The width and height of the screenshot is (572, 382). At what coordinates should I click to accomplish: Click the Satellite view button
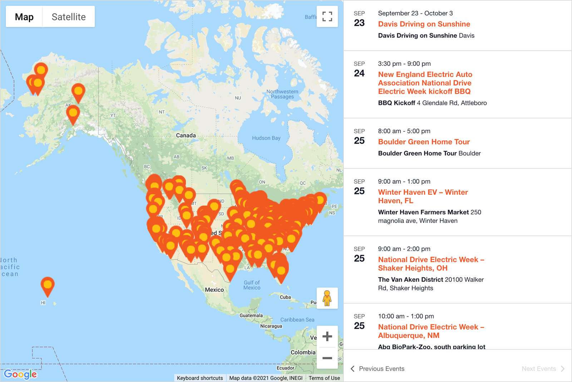69,17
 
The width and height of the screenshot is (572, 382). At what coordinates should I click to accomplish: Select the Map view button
24,17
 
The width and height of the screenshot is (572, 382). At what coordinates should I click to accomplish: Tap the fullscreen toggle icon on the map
327,16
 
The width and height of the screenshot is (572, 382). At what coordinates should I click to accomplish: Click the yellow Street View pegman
327,298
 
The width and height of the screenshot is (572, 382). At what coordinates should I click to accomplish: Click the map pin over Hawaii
48,286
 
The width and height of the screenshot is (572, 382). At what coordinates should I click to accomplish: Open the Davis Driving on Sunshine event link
424,24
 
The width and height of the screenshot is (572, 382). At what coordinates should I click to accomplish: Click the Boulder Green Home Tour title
424,142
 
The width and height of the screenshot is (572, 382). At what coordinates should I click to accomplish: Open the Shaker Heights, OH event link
431,264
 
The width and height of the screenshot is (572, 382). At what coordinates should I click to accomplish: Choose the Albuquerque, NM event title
431,331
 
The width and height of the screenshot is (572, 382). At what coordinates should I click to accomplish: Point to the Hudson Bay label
266,138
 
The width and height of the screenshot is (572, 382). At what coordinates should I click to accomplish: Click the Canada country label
186,135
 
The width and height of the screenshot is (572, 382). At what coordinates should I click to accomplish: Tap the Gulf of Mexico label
252,285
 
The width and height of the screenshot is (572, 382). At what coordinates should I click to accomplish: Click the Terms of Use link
324,378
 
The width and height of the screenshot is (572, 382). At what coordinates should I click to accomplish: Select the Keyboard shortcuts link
200,378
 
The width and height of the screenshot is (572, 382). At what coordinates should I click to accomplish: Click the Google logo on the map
20,374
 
